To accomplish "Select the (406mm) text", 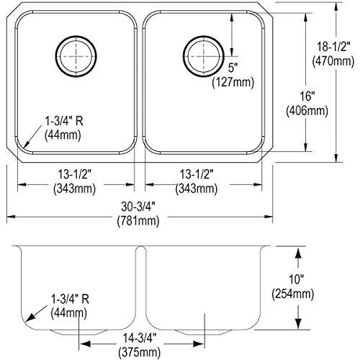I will pos(306,111).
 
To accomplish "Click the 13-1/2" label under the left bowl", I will pos(76,176).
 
